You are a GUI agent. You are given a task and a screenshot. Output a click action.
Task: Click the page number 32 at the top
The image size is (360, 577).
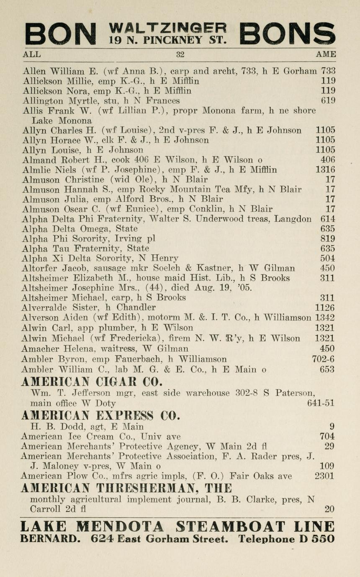pos(180,54)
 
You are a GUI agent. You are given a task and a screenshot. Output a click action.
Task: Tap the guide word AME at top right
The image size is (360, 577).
pos(326,54)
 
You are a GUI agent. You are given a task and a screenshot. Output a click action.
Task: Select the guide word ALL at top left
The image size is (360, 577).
pos(32,54)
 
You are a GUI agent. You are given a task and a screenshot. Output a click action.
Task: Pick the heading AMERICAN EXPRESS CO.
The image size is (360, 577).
pos(100,415)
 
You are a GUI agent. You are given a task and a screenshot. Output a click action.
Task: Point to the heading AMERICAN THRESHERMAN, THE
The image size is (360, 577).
pos(126,488)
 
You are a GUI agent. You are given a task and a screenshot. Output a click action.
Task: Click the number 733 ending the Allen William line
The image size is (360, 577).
pos(328,71)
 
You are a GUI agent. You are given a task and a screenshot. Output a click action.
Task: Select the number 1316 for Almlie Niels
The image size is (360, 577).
pos(325,170)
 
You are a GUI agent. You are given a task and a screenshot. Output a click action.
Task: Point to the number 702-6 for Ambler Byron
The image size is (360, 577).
pos(323,359)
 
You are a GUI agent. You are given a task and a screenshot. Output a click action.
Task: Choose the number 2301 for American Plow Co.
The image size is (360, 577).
pos(324,476)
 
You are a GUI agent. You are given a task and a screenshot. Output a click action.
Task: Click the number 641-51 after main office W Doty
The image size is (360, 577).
pos(321,403)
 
